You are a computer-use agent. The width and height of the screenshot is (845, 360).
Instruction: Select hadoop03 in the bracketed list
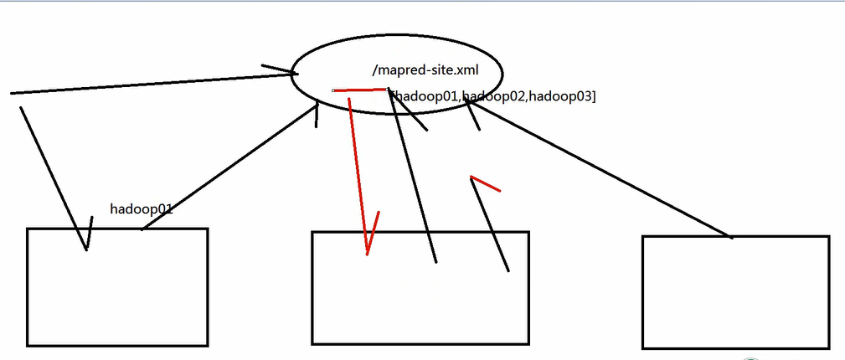[x=561, y=97]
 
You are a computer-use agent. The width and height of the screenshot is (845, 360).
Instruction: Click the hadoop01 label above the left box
[x=141, y=208]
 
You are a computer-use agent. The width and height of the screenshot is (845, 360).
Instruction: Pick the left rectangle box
[x=117, y=286]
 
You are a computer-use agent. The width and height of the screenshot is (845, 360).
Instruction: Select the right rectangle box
[x=735, y=292]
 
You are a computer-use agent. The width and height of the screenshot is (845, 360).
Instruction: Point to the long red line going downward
[x=358, y=167]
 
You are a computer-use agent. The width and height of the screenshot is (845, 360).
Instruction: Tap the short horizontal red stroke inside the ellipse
[x=360, y=89]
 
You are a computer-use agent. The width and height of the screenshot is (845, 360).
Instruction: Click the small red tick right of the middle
[x=487, y=183]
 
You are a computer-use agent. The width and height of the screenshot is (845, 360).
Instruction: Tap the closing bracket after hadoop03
[x=594, y=97]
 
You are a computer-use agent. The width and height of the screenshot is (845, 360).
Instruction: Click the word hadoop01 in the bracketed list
[x=427, y=97]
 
